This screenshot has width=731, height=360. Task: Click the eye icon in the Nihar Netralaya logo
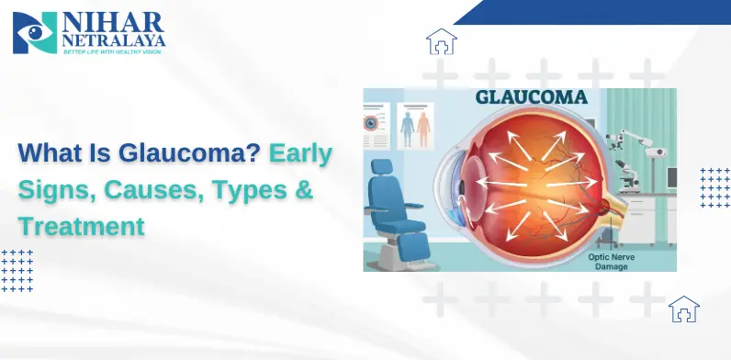point(35,34)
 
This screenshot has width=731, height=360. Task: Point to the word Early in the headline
point(301,154)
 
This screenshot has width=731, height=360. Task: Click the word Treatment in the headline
point(82,225)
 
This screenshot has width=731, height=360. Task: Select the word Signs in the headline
point(54,190)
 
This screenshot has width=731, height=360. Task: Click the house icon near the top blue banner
point(442,42)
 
